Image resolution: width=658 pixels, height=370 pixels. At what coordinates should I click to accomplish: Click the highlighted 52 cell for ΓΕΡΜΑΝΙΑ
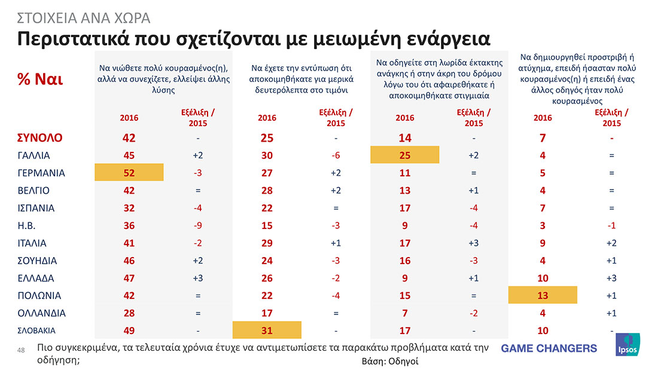click(129, 173)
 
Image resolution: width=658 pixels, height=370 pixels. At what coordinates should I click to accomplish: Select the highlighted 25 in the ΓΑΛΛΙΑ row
click(405, 155)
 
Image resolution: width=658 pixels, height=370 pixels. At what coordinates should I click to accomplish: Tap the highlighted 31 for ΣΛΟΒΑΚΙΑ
click(267, 329)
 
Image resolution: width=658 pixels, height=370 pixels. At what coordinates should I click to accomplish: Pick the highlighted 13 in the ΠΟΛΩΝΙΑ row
click(543, 295)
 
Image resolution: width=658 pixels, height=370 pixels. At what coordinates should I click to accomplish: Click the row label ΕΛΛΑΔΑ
click(35, 278)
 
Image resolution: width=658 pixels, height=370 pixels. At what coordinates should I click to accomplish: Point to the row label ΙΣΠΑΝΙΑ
click(35, 208)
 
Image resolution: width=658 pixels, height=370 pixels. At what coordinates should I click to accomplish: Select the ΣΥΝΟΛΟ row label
click(39, 138)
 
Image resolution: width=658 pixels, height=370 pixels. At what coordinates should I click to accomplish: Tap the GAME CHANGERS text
click(549, 348)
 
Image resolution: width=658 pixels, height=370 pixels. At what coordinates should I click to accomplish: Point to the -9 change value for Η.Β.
click(198, 225)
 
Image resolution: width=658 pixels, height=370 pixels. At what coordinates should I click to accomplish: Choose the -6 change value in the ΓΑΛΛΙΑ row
click(336, 155)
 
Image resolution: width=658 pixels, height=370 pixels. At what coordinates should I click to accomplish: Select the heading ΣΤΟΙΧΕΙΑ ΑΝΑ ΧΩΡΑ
click(82, 17)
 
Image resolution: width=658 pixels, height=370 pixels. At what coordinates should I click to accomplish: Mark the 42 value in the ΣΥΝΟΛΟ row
click(129, 138)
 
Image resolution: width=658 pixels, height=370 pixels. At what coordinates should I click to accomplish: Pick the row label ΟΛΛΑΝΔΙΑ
click(41, 313)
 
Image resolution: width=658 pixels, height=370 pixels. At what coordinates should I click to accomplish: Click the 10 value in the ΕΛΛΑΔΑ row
click(543, 278)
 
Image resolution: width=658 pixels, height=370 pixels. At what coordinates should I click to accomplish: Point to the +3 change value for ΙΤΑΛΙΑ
click(474, 243)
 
